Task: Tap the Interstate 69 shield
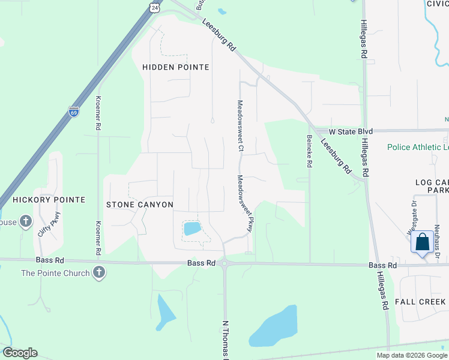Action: pos(73,112)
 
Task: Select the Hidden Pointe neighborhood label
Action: pos(175,67)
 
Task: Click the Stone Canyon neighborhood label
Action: pos(140,205)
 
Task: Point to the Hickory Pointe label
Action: pos(49,199)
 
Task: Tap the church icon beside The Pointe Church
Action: pos(99,273)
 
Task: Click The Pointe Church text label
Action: pos(55,273)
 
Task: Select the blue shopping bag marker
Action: pos(423,242)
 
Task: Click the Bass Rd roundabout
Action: pos(224,262)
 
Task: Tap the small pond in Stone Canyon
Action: pos(192,228)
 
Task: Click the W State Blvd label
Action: pos(351,131)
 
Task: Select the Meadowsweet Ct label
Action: pos(240,125)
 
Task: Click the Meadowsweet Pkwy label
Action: pos(244,204)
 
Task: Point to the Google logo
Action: pos(20,353)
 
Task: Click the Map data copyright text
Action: pos(411,355)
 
